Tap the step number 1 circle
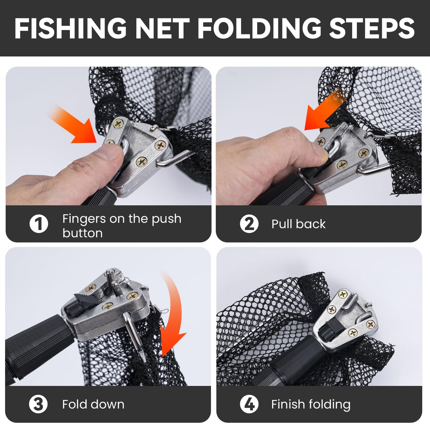(39, 224)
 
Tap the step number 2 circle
(249, 224)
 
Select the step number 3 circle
(38, 404)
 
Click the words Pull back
(298, 224)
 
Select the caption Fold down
(93, 404)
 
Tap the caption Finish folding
(311, 404)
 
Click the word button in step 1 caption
(82, 233)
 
